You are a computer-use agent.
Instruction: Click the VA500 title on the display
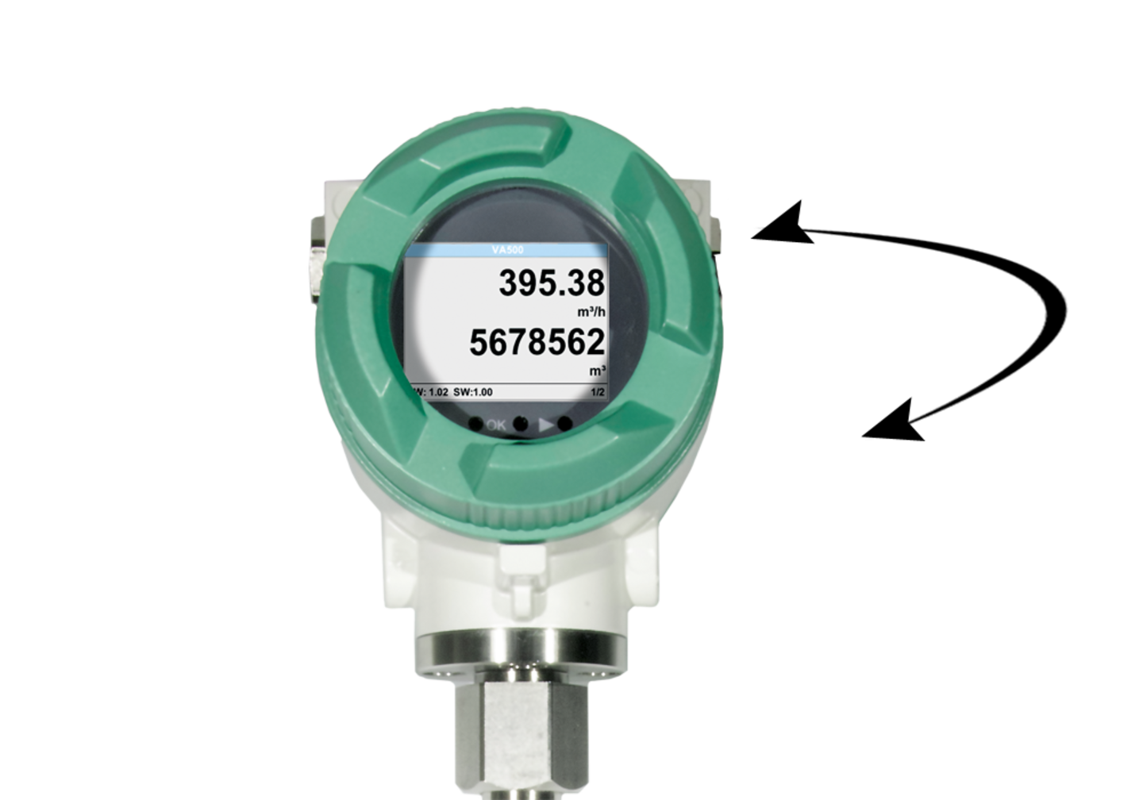click(x=506, y=250)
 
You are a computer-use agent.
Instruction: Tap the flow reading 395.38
click(x=551, y=283)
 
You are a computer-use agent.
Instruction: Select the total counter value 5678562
click(x=537, y=343)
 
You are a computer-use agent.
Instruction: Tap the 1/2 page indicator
click(x=598, y=392)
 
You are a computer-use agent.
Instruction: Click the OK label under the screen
click(x=496, y=425)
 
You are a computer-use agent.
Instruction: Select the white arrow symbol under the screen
click(x=546, y=425)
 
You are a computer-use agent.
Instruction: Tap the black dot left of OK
click(x=475, y=425)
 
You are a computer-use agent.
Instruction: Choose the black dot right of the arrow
click(x=565, y=425)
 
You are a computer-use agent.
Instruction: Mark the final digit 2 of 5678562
click(x=595, y=343)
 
